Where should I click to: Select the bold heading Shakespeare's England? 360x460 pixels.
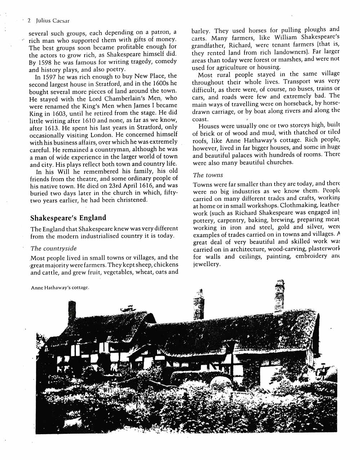pyautogui.click(x=68, y=218)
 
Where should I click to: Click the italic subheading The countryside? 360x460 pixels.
pyautogui.click(x=53, y=248)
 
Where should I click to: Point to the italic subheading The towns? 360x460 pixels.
pyautogui.click(x=208, y=175)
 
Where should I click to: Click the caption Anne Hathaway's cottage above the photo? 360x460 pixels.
pyautogui.click(x=60, y=287)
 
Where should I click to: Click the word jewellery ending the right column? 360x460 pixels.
pyautogui.click(x=206, y=264)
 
